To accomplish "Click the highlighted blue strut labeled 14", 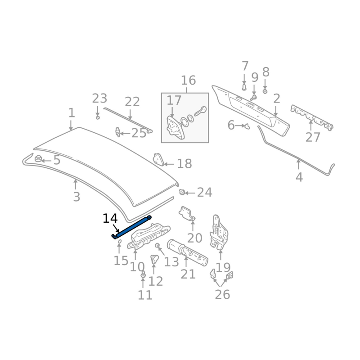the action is coord(131,227).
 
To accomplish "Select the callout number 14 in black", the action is coord(110,218).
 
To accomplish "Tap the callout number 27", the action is coord(312,137).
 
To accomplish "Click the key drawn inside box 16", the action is coord(200,111).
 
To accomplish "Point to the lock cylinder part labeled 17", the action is coord(175,127).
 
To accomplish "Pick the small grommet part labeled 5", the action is coord(38,159).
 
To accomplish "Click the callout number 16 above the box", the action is coord(188,81).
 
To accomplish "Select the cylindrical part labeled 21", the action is coord(187,252).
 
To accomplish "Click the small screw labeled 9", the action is coord(253,98).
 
